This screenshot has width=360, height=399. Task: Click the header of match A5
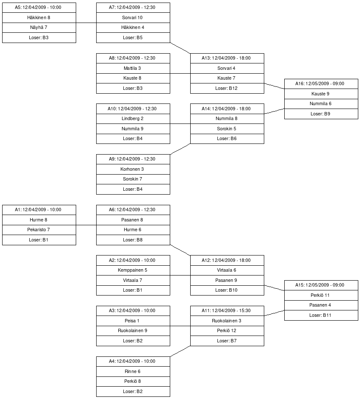click(x=39, y=8)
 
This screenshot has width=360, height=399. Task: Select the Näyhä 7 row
click(x=39, y=28)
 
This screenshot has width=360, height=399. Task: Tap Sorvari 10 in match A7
click(x=133, y=18)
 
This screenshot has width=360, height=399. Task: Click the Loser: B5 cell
click(x=133, y=37)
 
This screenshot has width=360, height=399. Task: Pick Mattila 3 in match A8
click(x=133, y=68)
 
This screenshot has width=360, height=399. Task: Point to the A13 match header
click(x=227, y=58)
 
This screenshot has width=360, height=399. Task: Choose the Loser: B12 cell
click(x=227, y=88)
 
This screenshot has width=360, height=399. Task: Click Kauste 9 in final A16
click(x=321, y=94)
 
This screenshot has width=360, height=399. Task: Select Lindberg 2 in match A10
click(x=133, y=119)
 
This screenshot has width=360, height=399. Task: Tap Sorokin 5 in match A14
click(x=227, y=129)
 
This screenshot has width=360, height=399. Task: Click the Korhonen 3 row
click(x=133, y=169)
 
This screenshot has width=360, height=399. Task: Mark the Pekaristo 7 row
click(x=39, y=230)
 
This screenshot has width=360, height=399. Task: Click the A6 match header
click(x=133, y=210)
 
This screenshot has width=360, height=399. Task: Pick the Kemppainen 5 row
click(x=133, y=270)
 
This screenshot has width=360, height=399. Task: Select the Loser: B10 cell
click(x=227, y=290)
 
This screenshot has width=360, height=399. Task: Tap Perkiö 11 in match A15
click(x=321, y=295)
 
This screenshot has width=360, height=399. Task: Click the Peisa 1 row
click(x=133, y=321)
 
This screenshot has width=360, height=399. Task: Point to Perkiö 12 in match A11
click(x=227, y=330)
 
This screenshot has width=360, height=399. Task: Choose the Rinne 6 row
click(x=133, y=371)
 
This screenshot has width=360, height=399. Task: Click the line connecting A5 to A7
click(x=86, y=23)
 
